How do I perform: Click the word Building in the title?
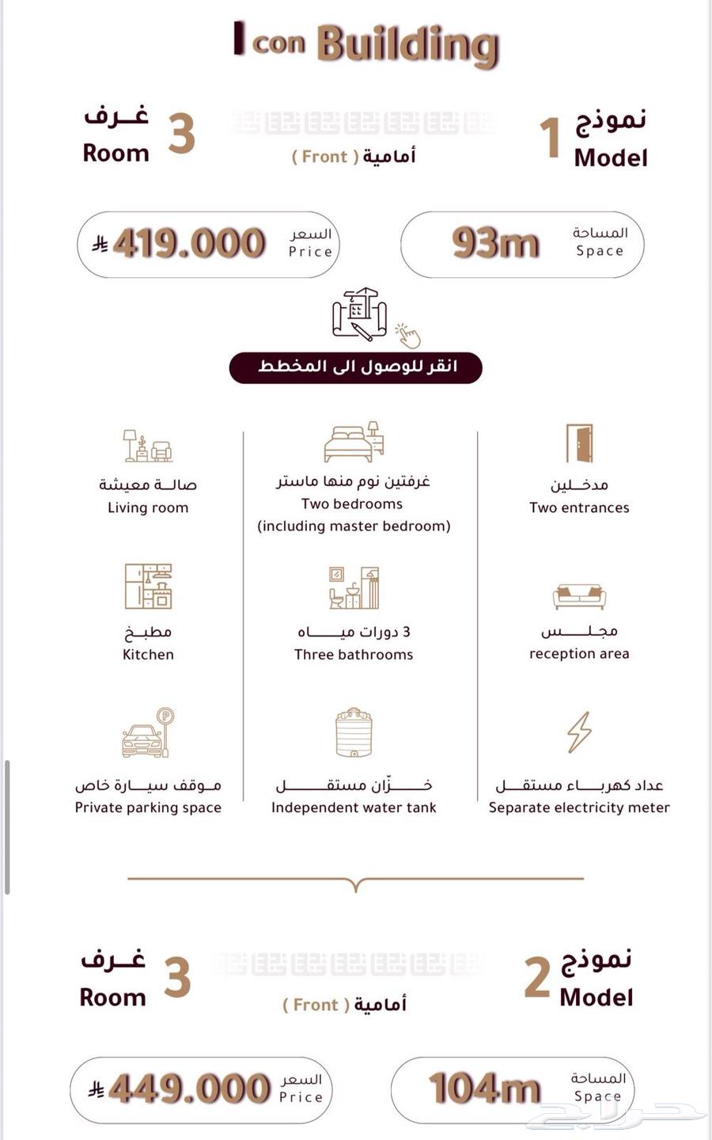[408, 44]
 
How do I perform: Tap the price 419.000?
[189, 244]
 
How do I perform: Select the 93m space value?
[495, 243]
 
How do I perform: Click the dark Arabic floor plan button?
[356, 367]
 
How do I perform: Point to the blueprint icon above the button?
[360, 313]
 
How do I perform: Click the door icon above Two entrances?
[579, 443]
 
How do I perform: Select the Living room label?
[148, 507]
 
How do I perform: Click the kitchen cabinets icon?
[148, 587]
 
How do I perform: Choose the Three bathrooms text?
[354, 655]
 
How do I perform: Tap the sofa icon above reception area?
[579, 597]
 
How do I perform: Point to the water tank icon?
[354, 733]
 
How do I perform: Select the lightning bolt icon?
[579, 732]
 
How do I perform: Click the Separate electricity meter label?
[579, 807]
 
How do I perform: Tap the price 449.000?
[189, 1089]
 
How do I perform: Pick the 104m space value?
[484, 1089]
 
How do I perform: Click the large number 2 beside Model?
[537, 978]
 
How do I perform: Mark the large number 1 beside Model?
[551, 138]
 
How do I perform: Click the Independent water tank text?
[354, 807]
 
